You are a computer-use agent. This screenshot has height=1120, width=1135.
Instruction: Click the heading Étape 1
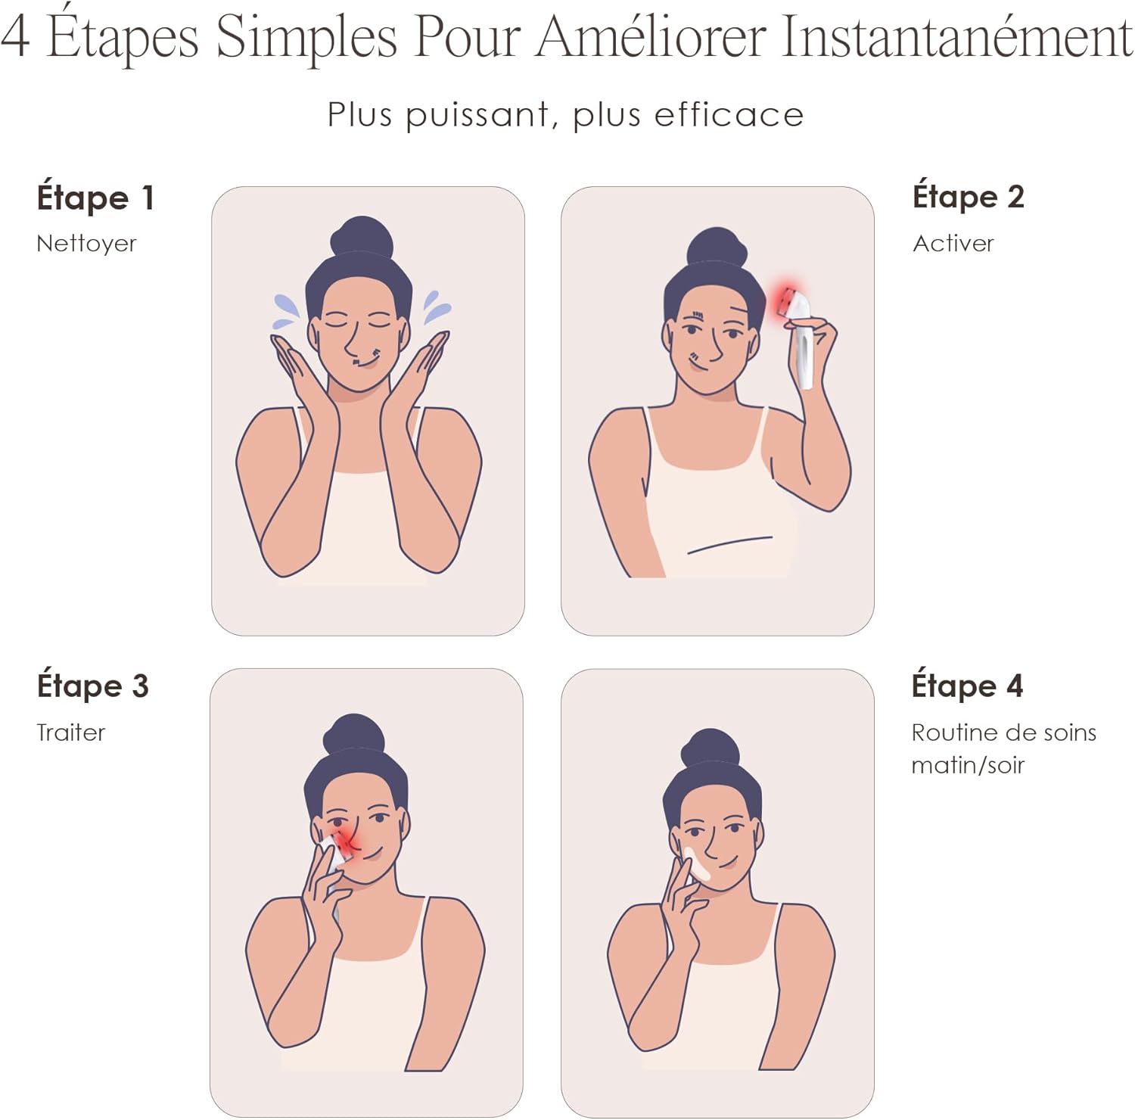click(95, 198)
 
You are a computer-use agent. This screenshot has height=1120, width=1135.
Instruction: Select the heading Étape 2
click(968, 197)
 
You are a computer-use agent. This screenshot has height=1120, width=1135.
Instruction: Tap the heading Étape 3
click(92, 686)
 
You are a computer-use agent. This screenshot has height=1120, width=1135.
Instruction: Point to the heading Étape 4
click(967, 686)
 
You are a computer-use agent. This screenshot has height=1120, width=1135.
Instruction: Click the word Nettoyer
click(86, 244)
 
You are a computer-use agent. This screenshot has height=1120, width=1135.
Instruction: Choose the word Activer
click(953, 244)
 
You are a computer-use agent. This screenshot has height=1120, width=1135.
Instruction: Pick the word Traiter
click(70, 733)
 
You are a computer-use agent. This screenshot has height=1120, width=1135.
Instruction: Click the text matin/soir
click(967, 765)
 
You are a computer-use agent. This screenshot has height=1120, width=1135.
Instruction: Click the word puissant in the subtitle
click(477, 116)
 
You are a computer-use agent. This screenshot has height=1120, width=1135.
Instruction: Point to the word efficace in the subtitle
click(728, 116)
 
